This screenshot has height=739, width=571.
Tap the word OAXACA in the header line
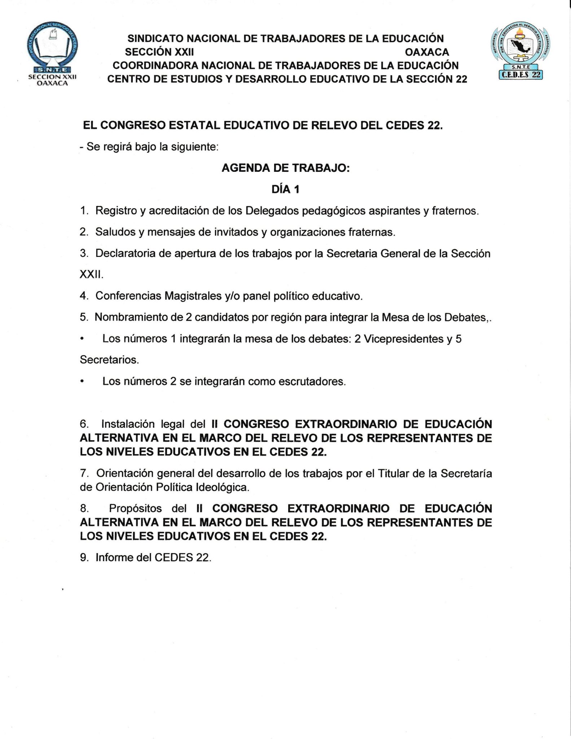[x=427, y=52]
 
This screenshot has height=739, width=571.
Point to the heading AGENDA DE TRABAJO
[x=285, y=168]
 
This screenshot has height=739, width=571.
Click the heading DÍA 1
[x=285, y=189]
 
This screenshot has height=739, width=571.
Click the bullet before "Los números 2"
[x=83, y=381]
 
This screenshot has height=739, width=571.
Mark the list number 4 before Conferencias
[x=84, y=296]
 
